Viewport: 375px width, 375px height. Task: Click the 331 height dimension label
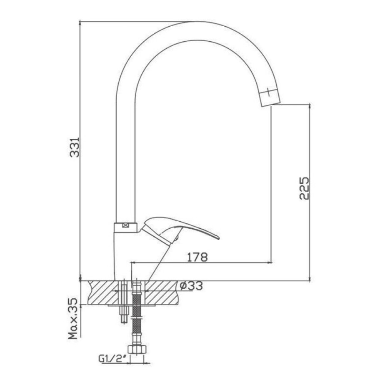(75, 147)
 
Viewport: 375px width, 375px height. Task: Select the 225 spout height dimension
(304, 188)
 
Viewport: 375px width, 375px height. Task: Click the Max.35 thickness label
(73, 318)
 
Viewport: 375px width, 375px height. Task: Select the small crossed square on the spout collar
(125, 225)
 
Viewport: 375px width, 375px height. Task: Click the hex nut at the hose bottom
(137, 349)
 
